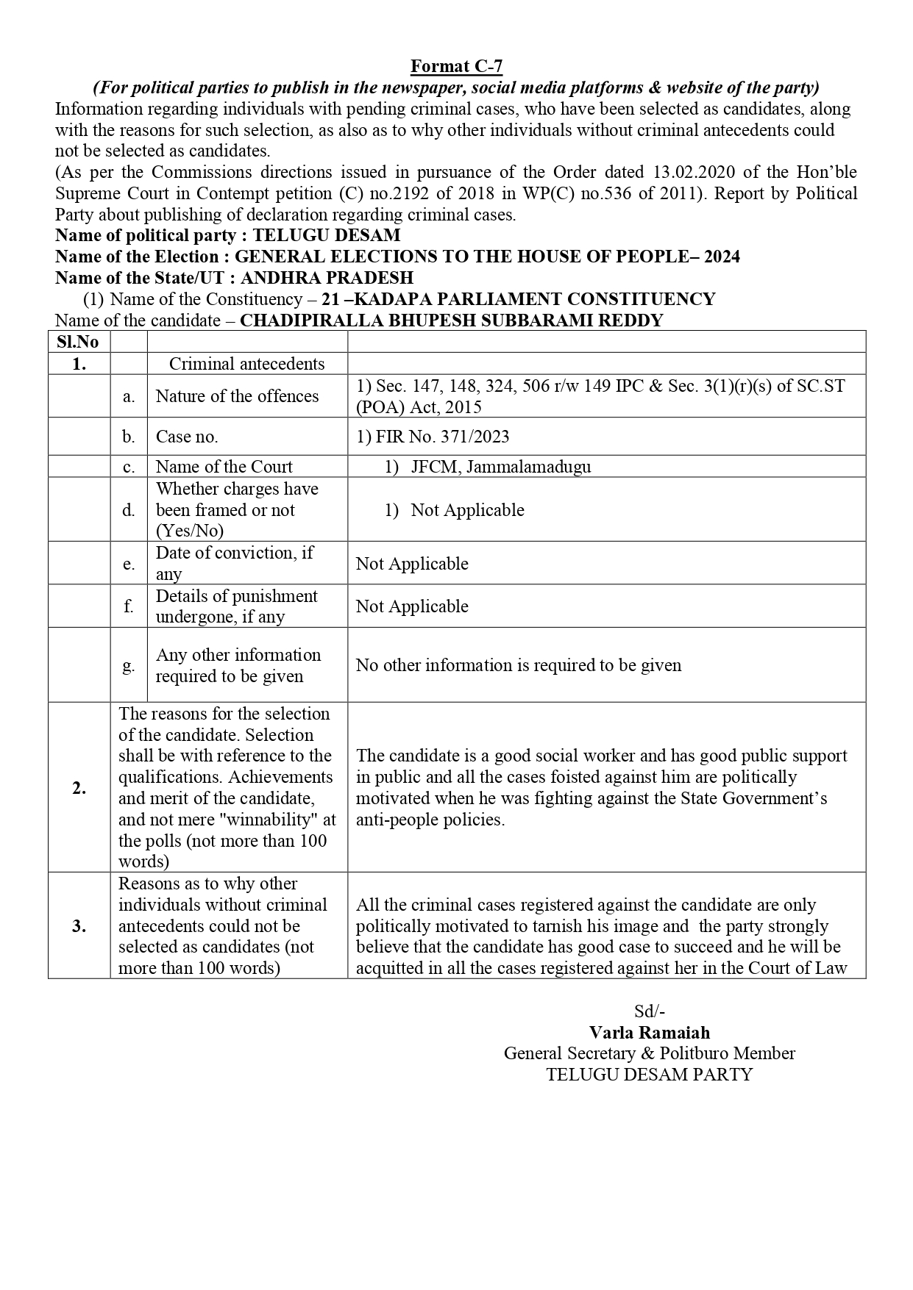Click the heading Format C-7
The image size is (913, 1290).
[x=456, y=66]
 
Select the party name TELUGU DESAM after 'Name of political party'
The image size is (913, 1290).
[x=327, y=236]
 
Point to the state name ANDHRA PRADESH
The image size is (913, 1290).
[x=327, y=278]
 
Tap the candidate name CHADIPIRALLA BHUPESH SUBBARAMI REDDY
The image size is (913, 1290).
[x=451, y=320]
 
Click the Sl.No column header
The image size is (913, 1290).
[x=78, y=342]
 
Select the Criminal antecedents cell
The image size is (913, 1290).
[x=246, y=364]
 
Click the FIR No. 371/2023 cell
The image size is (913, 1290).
[x=433, y=437]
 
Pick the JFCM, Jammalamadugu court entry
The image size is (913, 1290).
[x=500, y=467]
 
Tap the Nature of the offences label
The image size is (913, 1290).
[x=237, y=396]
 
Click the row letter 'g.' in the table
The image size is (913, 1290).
[x=128, y=665]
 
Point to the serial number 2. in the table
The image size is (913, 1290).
[x=79, y=788]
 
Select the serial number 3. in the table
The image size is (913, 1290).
[x=79, y=926]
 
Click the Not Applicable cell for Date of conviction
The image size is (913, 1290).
[x=412, y=564]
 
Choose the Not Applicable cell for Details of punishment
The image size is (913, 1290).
[x=412, y=606]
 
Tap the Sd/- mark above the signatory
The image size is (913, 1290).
[x=650, y=1011]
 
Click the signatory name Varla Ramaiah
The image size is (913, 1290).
[x=650, y=1032]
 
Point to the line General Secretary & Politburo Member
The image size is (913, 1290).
[x=650, y=1053]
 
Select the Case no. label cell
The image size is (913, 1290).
[x=187, y=437]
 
